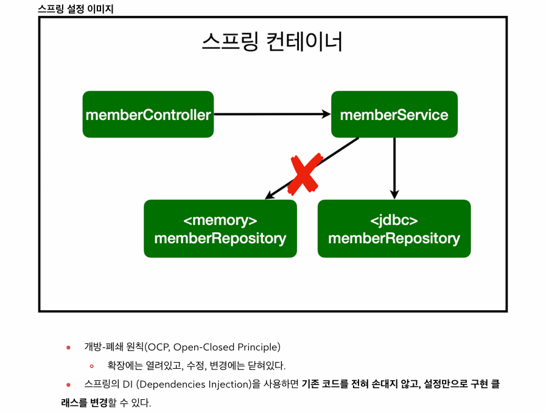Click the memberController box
[148, 115]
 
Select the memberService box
[394, 115]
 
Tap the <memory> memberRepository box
[220, 229]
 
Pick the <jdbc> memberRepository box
[394, 229]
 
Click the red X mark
[304, 174]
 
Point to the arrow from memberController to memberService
[271, 114]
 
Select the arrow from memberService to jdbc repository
[394, 168]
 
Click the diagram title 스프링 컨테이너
[272, 43]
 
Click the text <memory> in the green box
[220, 220]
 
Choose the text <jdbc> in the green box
[394, 220]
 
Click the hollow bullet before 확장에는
[91, 366]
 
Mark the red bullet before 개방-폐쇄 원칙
[68, 347]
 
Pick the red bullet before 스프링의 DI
[68, 385]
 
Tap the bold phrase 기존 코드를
[323, 385]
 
